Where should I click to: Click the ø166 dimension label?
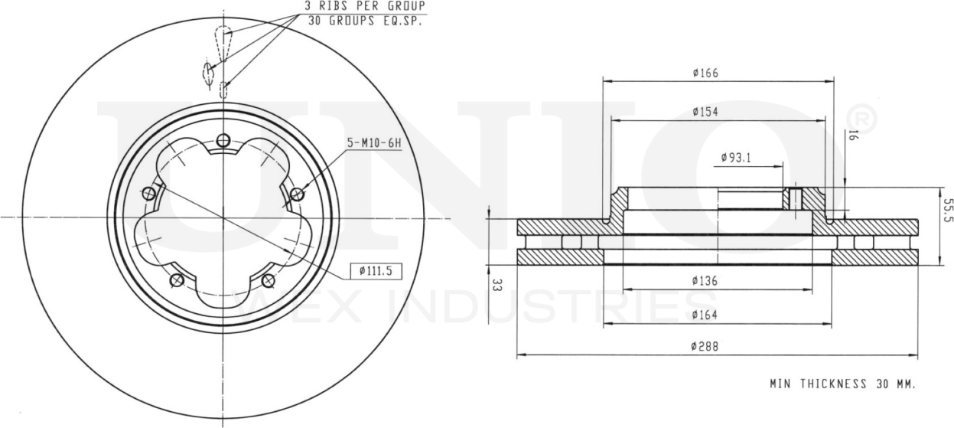tap(705, 74)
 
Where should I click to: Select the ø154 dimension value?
tap(705, 112)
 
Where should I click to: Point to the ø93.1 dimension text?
tap(736, 158)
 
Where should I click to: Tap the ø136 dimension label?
tap(705, 281)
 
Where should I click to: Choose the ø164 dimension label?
tap(705, 315)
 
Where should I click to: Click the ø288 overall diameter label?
tap(705, 346)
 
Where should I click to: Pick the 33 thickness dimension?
tap(496, 286)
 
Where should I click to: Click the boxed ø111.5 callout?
tap(376, 270)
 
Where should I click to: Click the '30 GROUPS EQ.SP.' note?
tap(366, 21)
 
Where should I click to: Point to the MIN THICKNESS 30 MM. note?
tap(842, 383)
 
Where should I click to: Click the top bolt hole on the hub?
tap(223, 140)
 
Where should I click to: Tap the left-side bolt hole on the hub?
tap(149, 193)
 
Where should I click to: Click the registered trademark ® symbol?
tap(863, 120)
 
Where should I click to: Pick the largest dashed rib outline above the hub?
tap(223, 42)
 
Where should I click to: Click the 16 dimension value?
tap(851, 136)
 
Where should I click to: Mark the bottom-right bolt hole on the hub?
tap(269, 280)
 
